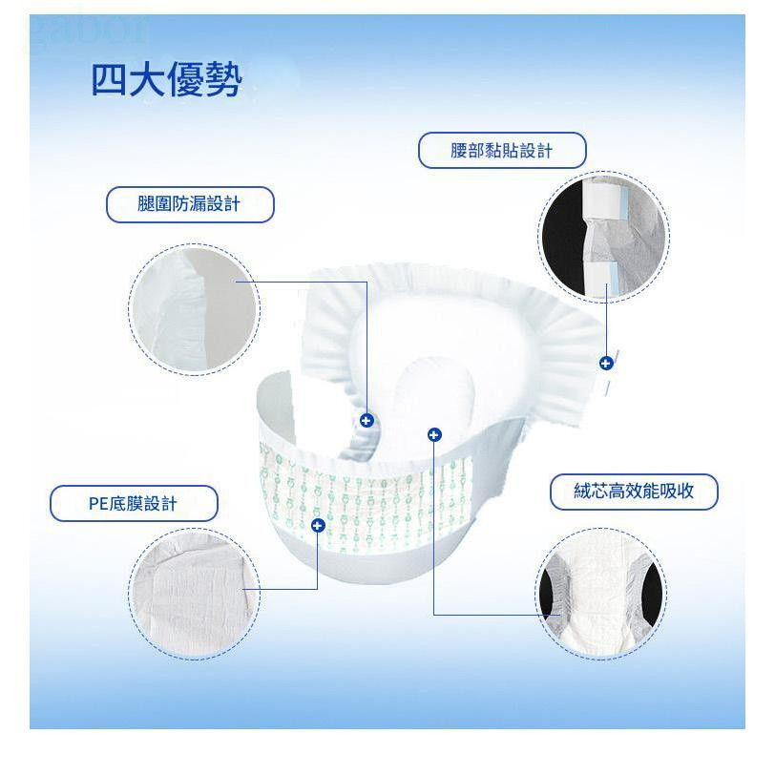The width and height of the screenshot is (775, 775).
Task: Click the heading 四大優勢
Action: (167, 79)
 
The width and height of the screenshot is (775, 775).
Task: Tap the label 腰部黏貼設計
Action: (502, 150)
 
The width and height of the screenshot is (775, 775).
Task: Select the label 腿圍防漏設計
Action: (190, 204)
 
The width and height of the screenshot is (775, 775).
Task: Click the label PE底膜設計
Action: (134, 503)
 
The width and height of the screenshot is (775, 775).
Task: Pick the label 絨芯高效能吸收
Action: (634, 492)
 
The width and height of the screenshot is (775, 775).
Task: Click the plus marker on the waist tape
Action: (606, 364)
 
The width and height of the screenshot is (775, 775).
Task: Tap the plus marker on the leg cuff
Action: (367, 421)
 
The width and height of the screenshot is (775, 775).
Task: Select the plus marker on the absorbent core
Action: (434, 435)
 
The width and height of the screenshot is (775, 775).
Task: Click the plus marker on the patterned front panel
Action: (318, 525)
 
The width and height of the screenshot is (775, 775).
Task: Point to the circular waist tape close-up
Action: (603, 237)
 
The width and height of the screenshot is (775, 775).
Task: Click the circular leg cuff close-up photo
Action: (195, 309)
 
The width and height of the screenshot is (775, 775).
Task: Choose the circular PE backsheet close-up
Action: (195, 594)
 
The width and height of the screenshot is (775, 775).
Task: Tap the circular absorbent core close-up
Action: (600, 594)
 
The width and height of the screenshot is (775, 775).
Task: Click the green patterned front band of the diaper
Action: (366, 499)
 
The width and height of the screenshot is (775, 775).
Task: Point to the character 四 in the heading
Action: (110, 79)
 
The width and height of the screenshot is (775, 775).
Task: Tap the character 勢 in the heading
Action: (223, 79)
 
